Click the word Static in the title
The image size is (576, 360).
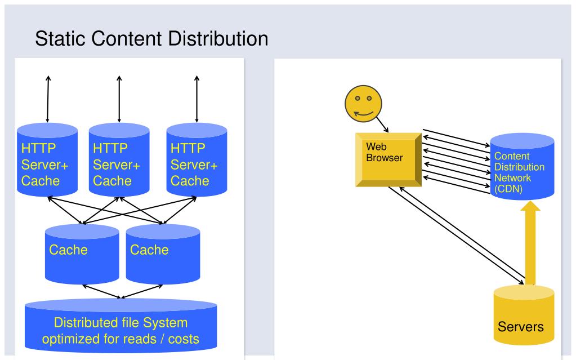[x=61, y=39]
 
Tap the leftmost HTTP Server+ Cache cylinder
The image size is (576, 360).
[x=47, y=159]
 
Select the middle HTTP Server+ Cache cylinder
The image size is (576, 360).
[x=119, y=159]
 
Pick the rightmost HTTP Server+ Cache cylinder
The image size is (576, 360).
[x=197, y=159]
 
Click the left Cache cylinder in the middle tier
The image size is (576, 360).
[x=82, y=254]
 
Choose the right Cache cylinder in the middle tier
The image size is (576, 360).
[x=163, y=254]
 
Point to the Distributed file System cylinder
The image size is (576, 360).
[x=121, y=325]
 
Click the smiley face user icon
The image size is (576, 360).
[x=363, y=104]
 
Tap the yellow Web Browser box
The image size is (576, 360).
[x=389, y=159]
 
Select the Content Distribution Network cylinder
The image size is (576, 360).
[x=522, y=166]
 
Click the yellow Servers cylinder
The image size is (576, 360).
[x=524, y=315]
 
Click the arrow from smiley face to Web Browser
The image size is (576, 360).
[x=382, y=125]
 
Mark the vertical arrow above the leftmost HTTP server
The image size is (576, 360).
[x=48, y=99]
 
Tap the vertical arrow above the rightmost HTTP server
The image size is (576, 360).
[x=197, y=99]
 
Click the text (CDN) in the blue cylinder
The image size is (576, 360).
[x=508, y=189]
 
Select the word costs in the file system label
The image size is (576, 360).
[x=184, y=339]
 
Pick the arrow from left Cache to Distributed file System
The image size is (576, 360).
[x=101, y=292]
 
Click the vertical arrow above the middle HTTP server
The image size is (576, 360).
[x=119, y=99]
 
